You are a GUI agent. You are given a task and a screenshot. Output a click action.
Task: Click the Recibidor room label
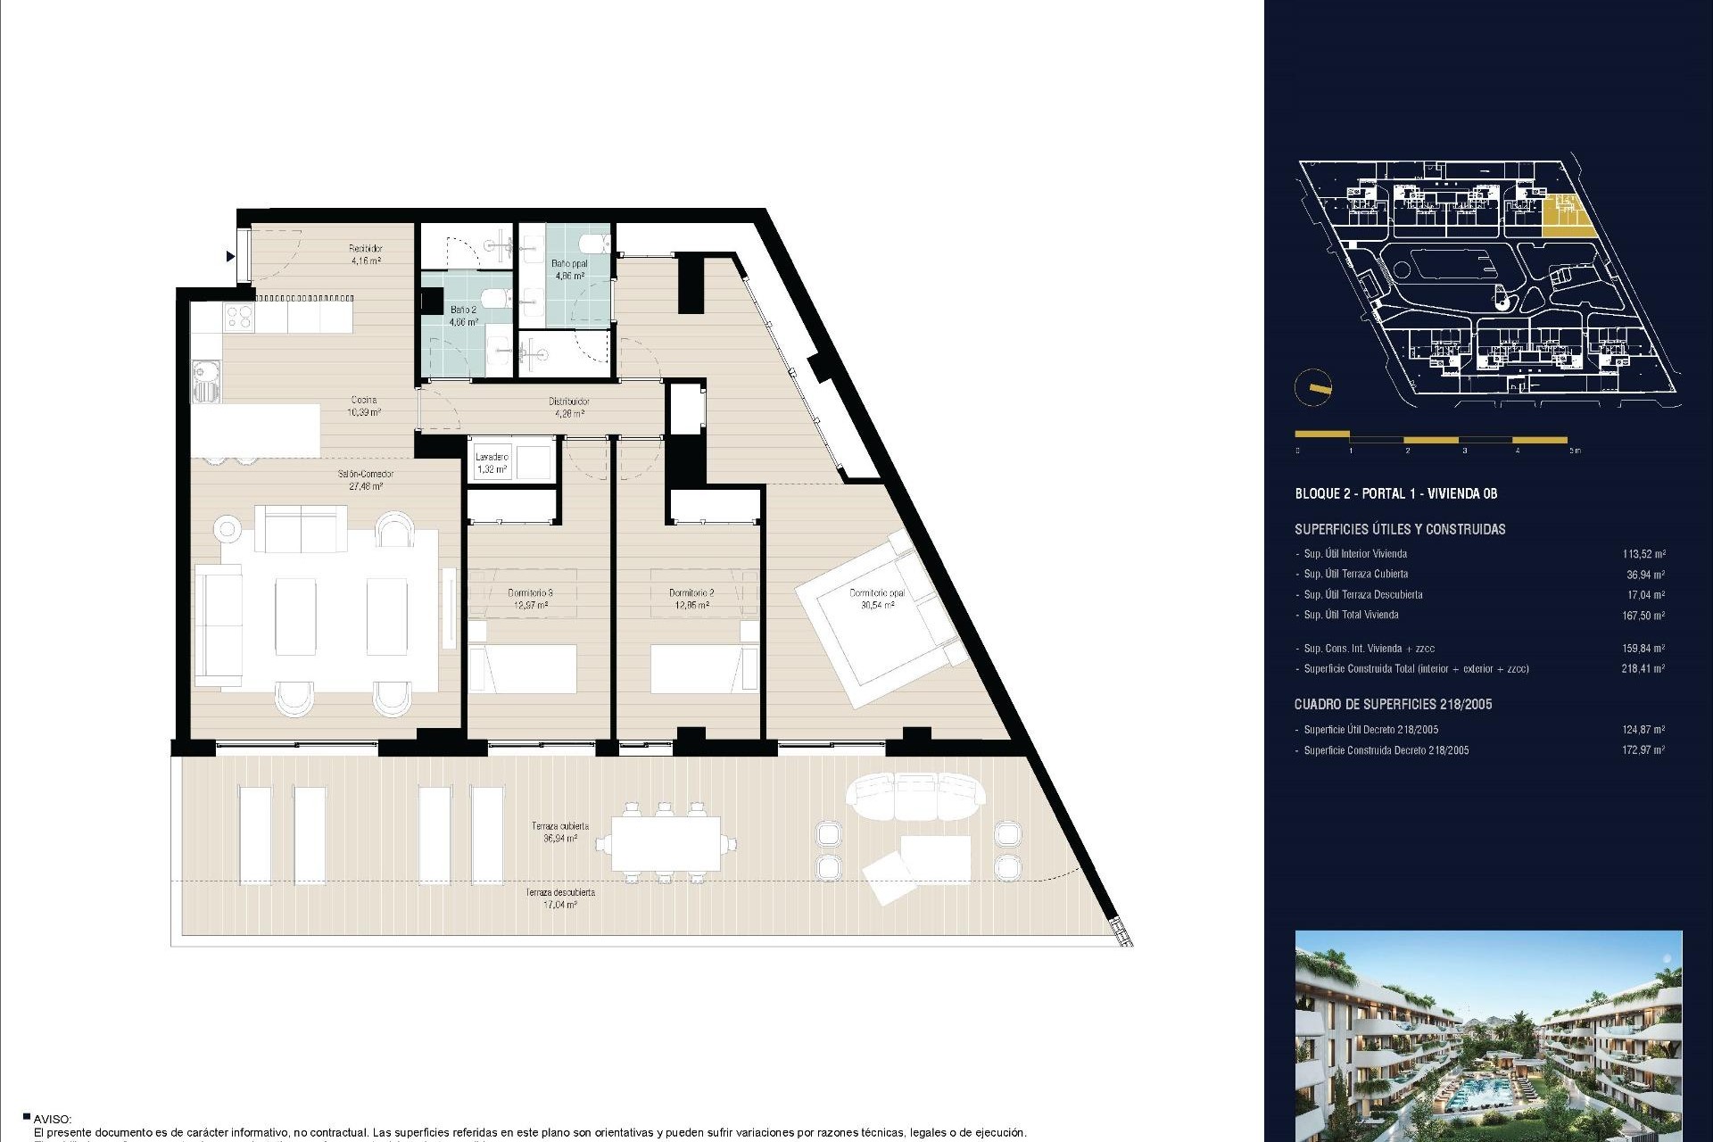click(366, 254)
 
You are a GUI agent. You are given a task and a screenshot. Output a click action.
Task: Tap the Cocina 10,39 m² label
click(364, 406)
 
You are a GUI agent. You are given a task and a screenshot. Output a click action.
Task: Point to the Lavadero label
click(492, 463)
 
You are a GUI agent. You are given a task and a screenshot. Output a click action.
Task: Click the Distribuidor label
click(568, 407)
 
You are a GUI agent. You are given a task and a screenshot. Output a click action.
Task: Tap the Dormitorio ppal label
click(877, 599)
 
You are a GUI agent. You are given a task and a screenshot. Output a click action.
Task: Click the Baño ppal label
click(569, 269)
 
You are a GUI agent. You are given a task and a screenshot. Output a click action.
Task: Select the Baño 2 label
click(463, 315)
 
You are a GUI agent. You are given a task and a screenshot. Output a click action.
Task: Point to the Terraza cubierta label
click(560, 832)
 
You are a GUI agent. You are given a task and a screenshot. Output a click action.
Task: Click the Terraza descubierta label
click(560, 898)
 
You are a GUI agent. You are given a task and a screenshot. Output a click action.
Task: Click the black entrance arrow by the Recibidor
click(230, 257)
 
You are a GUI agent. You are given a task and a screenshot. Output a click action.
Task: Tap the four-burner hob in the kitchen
click(238, 315)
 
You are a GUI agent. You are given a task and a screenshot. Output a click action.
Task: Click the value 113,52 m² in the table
click(1643, 554)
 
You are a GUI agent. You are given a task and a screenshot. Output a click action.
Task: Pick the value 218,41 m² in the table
click(1643, 668)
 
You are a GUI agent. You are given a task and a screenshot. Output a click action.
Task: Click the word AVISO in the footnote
click(52, 1119)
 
